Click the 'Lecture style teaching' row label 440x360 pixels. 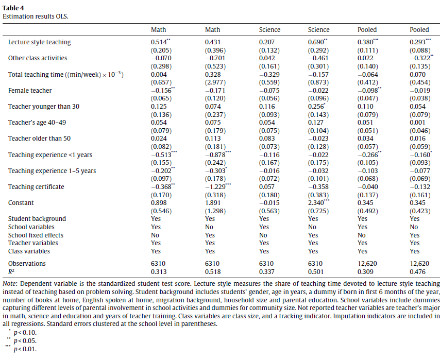click(x=39, y=42)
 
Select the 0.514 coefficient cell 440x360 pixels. click(x=158, y=42)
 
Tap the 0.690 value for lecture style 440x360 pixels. click(x=315, y=42)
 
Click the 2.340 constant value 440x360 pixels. click(x=315, y=203)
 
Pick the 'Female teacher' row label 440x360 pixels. click(x=30, y=90)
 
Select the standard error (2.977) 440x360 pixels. click(x=213, y=82)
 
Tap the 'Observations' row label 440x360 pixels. click(x=27, y=263)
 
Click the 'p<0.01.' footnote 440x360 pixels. click(x=26, y=350)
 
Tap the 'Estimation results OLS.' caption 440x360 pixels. click(x=36, y=16)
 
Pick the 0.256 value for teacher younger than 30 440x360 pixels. click(x=315, y=107)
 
